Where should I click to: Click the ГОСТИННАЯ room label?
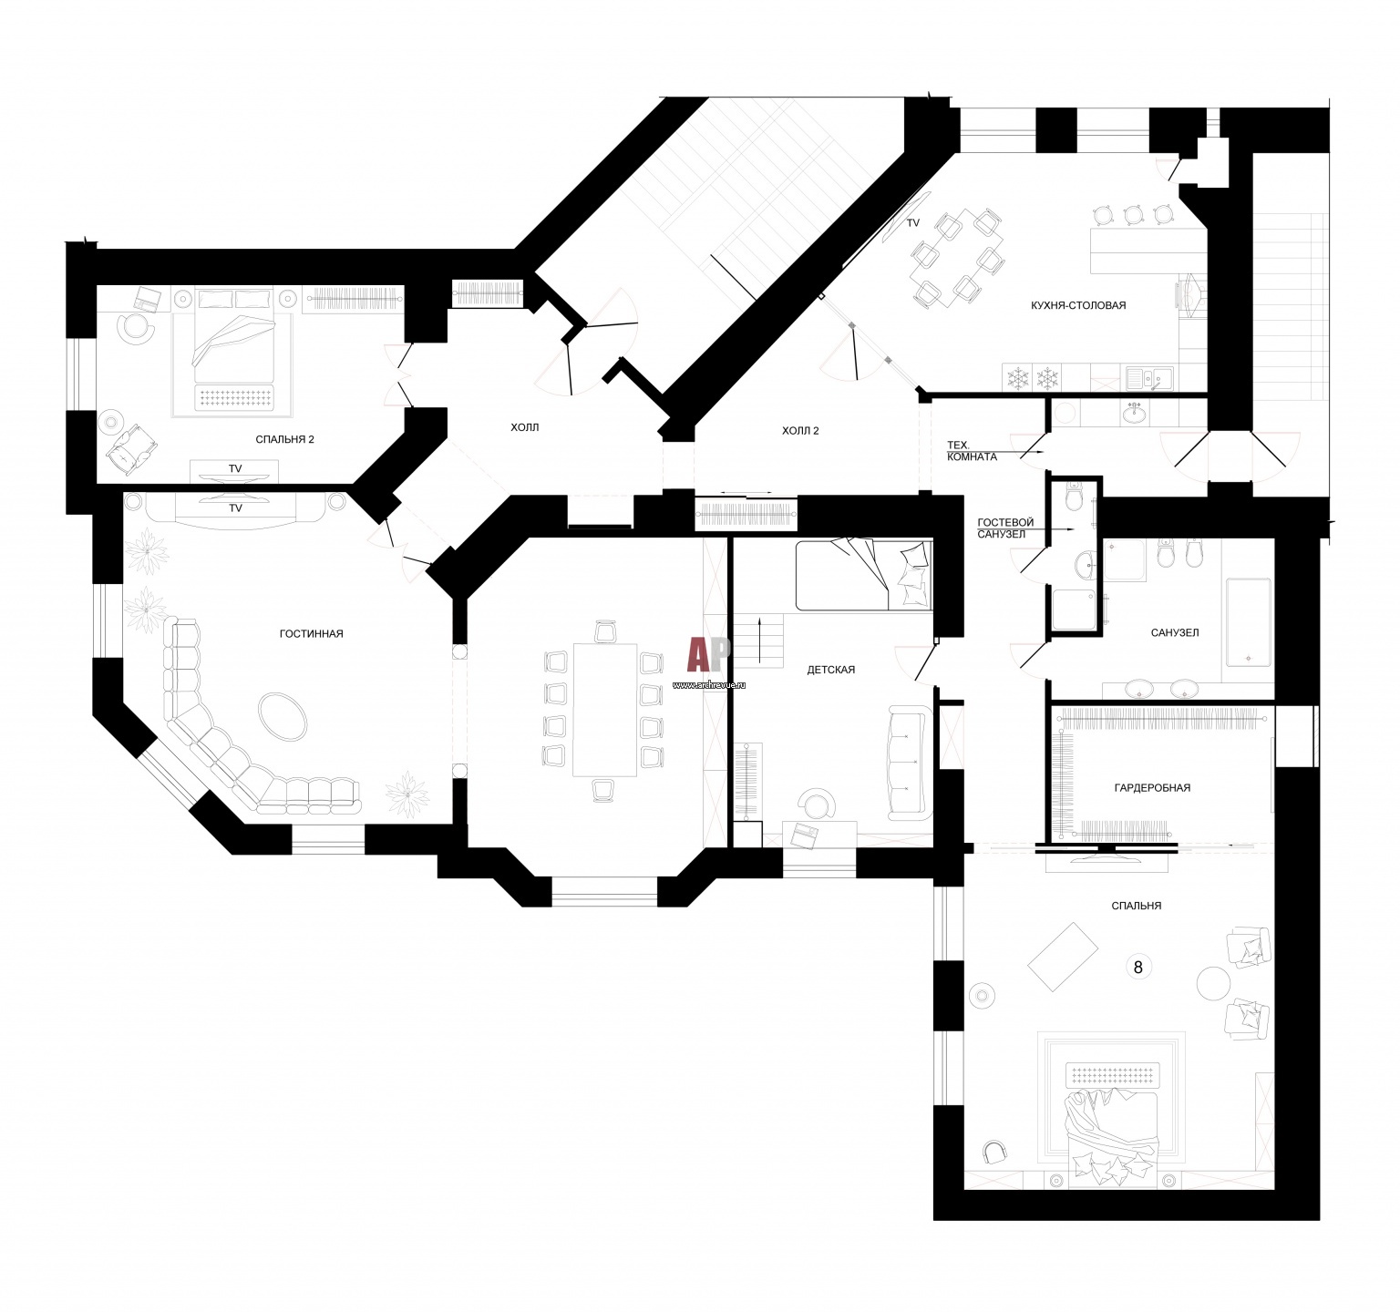click(311, 633)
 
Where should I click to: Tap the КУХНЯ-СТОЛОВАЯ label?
click(1078, 305)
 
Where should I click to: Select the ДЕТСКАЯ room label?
click(830, 670)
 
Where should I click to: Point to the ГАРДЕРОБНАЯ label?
click(1152, 788)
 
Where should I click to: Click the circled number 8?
click(1137, 967)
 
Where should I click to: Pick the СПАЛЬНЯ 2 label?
click(284, 439)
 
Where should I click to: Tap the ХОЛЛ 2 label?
click(800, 430)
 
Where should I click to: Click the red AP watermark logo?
click(709, 654)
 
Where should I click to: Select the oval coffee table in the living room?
click(283, 715)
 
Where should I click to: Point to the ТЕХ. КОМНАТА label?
click(972, 451)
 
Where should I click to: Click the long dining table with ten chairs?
click(604, 710)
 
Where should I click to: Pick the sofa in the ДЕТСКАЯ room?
click(907, 762)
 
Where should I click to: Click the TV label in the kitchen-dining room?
click(913, 223)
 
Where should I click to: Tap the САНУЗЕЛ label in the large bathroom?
click(1174, 632)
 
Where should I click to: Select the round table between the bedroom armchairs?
click(1214, 984)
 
